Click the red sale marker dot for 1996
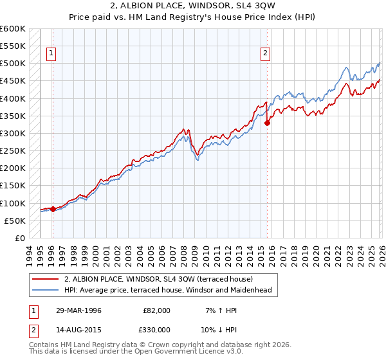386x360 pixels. coord(53,209)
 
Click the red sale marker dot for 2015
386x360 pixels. coord(267,123)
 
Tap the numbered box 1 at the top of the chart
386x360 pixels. coord(51,54)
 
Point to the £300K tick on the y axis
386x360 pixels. coord(12,133)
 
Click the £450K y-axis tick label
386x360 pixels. coord(12,81)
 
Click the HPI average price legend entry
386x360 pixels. coord(168,290)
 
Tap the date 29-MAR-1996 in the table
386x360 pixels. coord(80,310)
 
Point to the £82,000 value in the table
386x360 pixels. coord(156,310)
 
